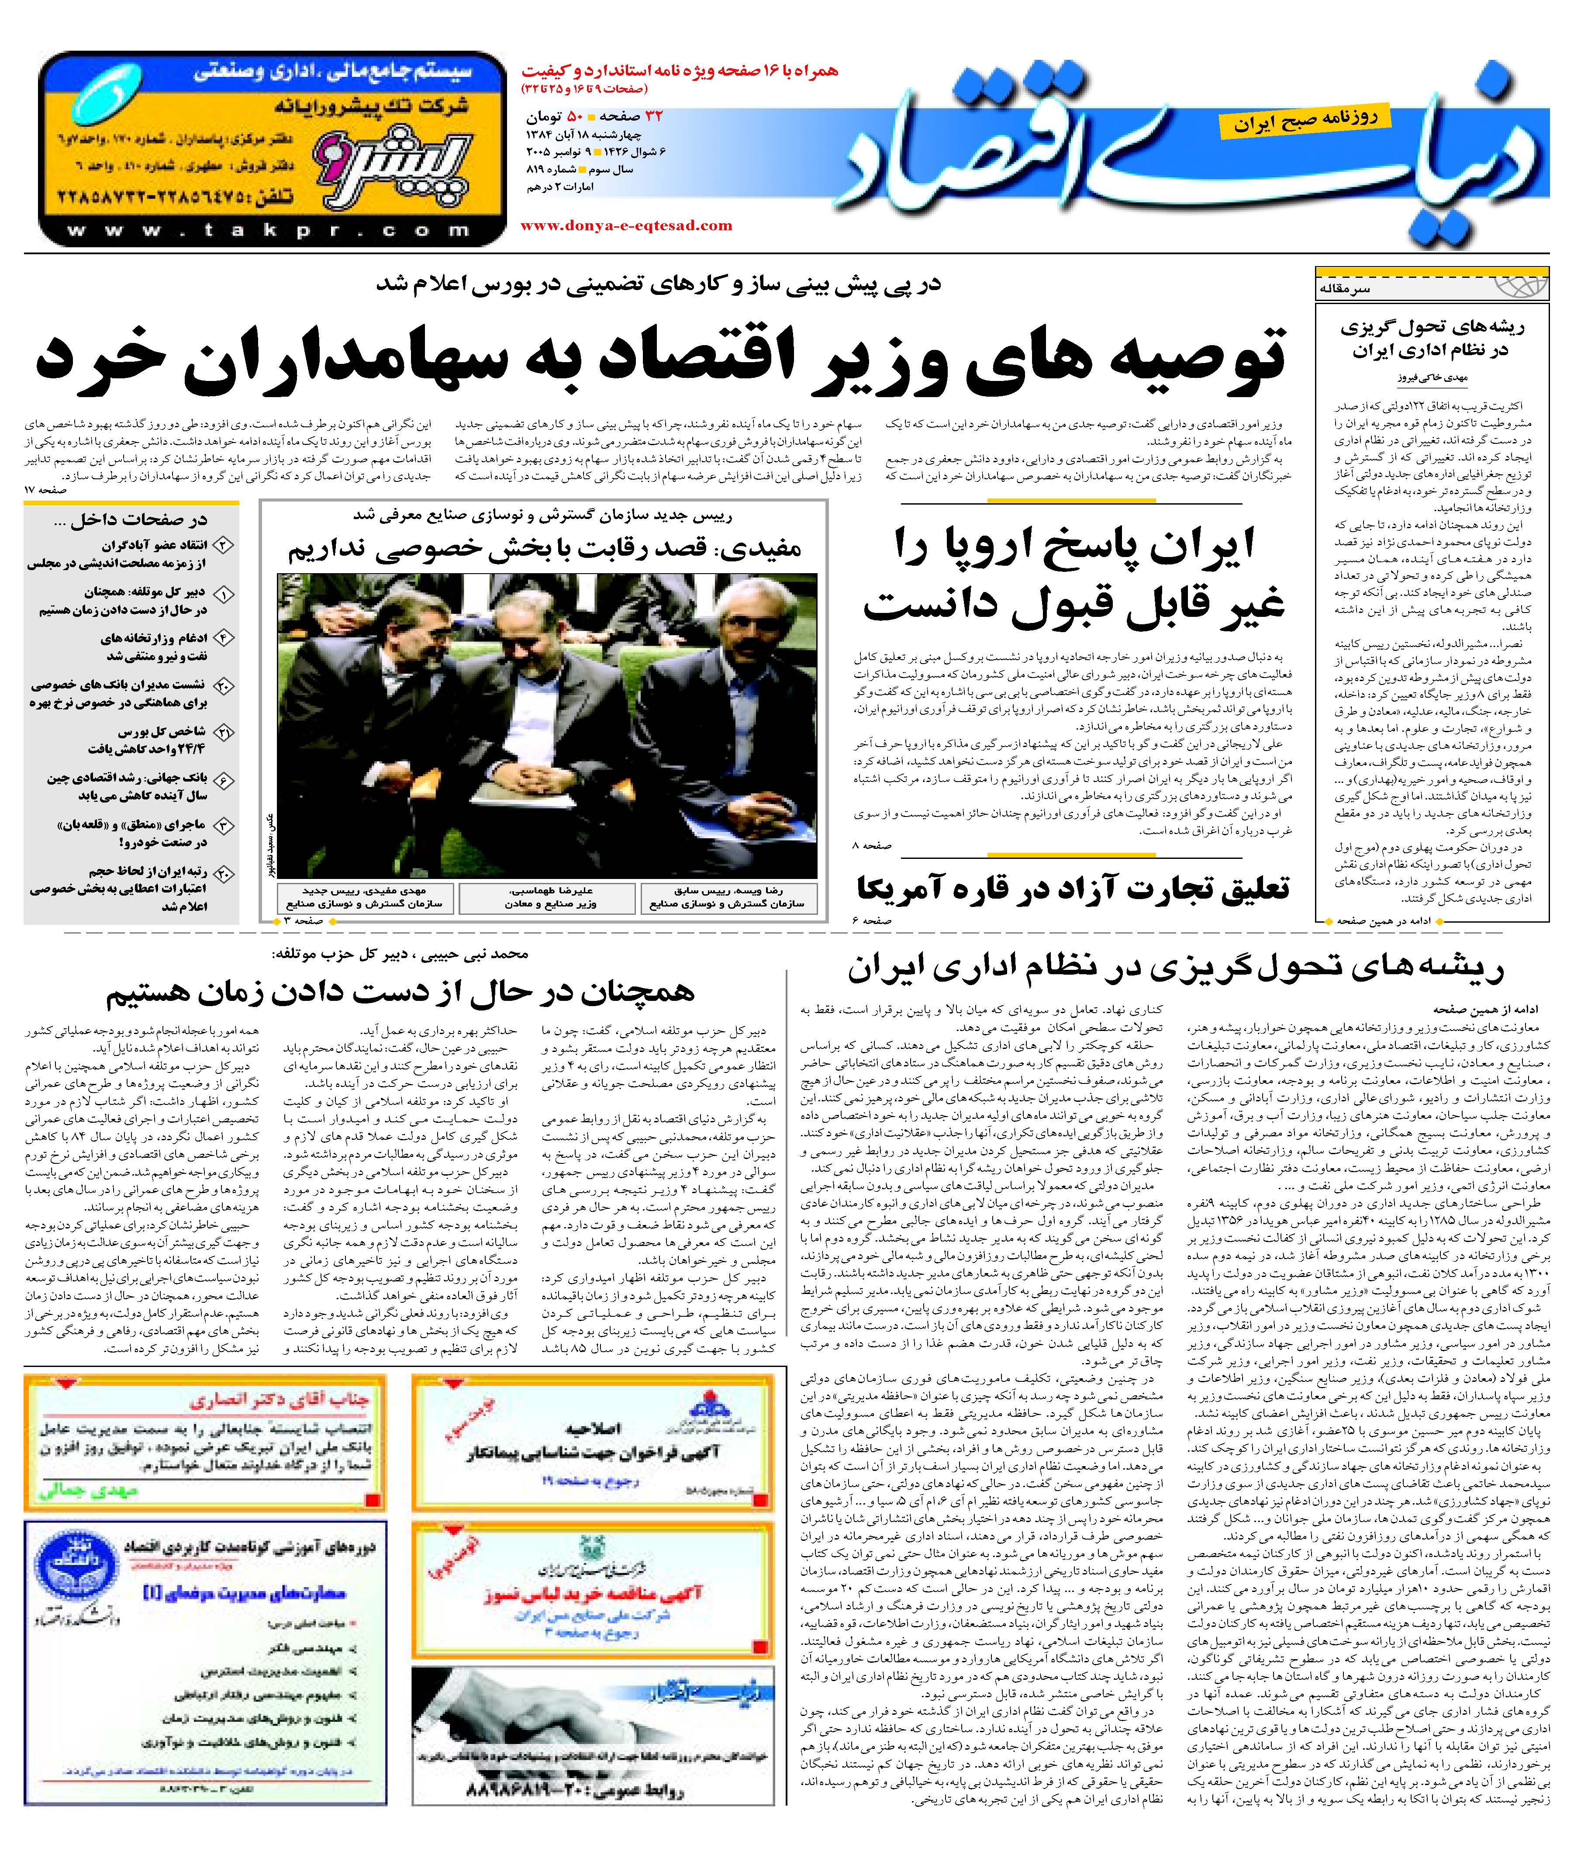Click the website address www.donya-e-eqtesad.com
tap(625, 226)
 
